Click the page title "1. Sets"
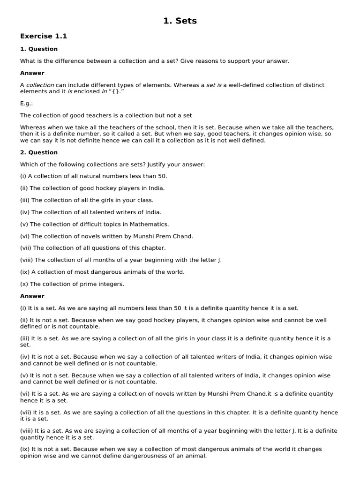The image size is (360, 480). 180,21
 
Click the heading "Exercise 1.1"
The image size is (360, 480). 40,36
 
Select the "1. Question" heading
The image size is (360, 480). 39,49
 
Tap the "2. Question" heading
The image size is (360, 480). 39,152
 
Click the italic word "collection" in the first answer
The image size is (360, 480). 40,85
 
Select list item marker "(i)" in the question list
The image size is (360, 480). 23,176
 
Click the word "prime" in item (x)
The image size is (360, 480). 91,285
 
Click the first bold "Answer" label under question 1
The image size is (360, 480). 32,73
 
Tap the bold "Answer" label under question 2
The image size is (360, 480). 32,296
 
